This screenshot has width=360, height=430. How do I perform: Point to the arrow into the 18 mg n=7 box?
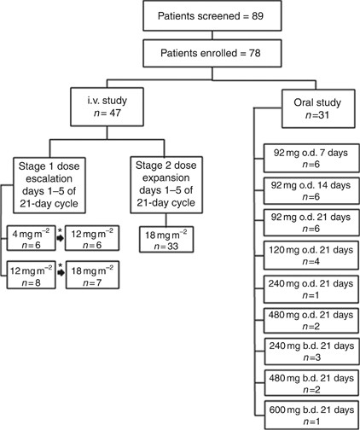(x=60, y=276)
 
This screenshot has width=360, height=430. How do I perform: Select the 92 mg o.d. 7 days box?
(x=304, y=159)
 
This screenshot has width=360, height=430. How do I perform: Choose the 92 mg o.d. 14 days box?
(x=304, y=189)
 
